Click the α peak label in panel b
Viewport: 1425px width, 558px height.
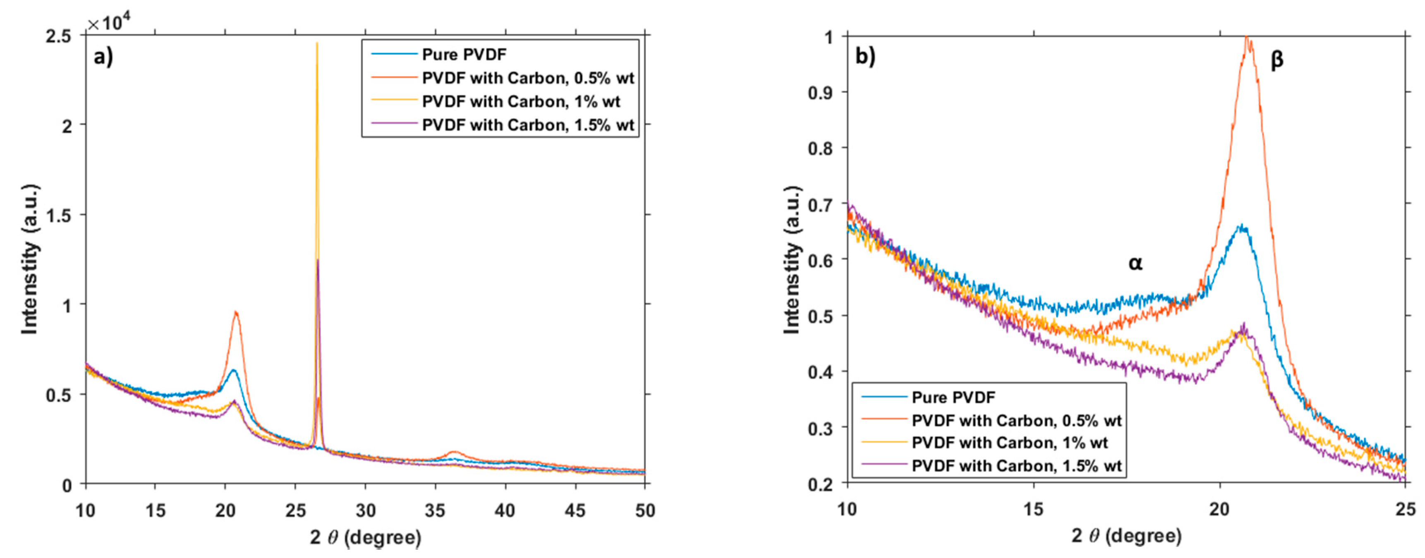pyautogui.click(x=1135, y=263)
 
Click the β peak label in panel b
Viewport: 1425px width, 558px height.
pyautogui.click(x=1277, y=59)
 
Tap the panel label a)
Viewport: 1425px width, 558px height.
pyautogui.click(x=103, y=56)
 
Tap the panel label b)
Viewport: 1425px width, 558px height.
pyautogui.click(x=865, y=56)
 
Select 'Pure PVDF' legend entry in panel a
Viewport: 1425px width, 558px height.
pyautogui.click(x=464, y=54)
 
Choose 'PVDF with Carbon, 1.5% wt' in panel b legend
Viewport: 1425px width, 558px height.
pyautogui.click(x=1016, y=466)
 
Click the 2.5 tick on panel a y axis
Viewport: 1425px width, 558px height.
pyautogui.click(x=59, y=36)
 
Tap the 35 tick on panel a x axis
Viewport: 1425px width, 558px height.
pyautogui.click(x=435, y=510)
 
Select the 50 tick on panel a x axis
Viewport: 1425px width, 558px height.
pyautogui.click(x=644, y=510)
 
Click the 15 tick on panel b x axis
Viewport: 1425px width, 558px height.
pyautogui.click(x=1033, y=509)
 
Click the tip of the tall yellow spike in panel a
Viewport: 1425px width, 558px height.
pyautogui.click(x=317, y=43)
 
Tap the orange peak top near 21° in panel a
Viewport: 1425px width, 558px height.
pyautogui.click(x=236, y=312)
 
